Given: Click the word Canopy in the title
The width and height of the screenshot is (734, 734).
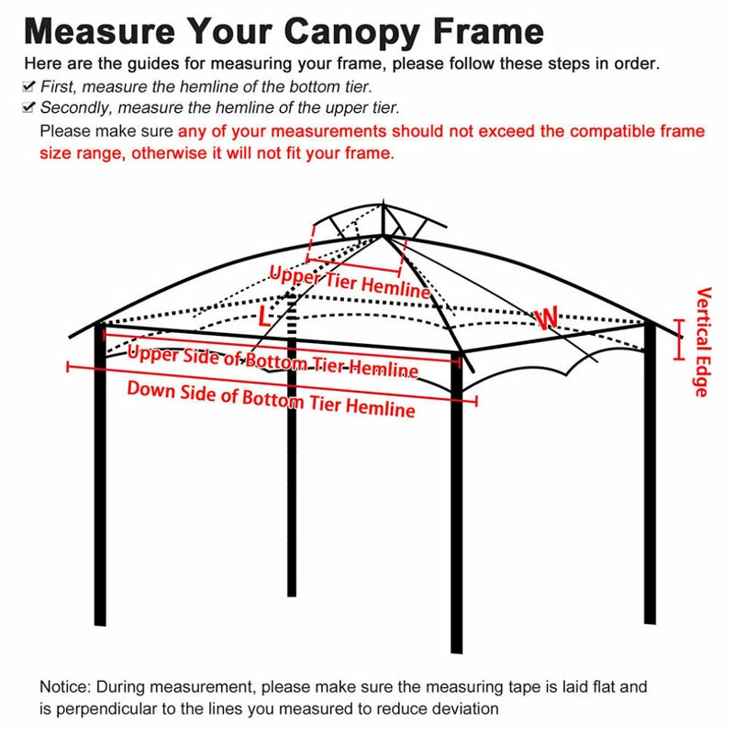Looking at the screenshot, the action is point(350,32).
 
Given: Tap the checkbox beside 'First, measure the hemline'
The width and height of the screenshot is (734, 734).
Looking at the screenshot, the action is point(28,86).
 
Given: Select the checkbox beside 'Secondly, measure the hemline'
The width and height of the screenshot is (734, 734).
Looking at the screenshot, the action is point(28,107).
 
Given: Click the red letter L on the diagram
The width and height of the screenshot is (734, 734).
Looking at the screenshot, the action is point(264,317).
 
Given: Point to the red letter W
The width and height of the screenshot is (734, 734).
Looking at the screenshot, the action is point(547,318).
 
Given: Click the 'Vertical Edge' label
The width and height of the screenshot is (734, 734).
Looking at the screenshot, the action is point(702,341).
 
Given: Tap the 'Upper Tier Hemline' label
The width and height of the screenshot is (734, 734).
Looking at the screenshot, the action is point(350,282).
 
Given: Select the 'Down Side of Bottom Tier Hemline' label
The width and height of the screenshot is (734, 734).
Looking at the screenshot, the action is point(271,399).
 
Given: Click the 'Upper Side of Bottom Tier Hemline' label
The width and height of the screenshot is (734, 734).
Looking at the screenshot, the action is point(272,361).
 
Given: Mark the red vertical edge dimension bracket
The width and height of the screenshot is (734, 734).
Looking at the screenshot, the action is point(679,339).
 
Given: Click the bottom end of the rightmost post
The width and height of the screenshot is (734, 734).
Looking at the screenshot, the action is point(650,623).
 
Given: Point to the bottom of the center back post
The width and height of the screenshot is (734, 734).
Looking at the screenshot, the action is point(292,595).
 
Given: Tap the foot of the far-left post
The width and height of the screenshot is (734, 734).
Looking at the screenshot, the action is point(100,624).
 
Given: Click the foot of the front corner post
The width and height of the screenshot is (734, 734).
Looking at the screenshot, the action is point(456,651).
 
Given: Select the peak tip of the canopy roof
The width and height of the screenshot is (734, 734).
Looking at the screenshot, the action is point(383,200).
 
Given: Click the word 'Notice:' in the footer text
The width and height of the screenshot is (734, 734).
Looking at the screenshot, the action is point(65,686).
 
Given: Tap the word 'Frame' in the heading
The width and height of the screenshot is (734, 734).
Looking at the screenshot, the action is point(489,32).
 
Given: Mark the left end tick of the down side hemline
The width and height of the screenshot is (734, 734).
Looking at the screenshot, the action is point(68,366).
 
